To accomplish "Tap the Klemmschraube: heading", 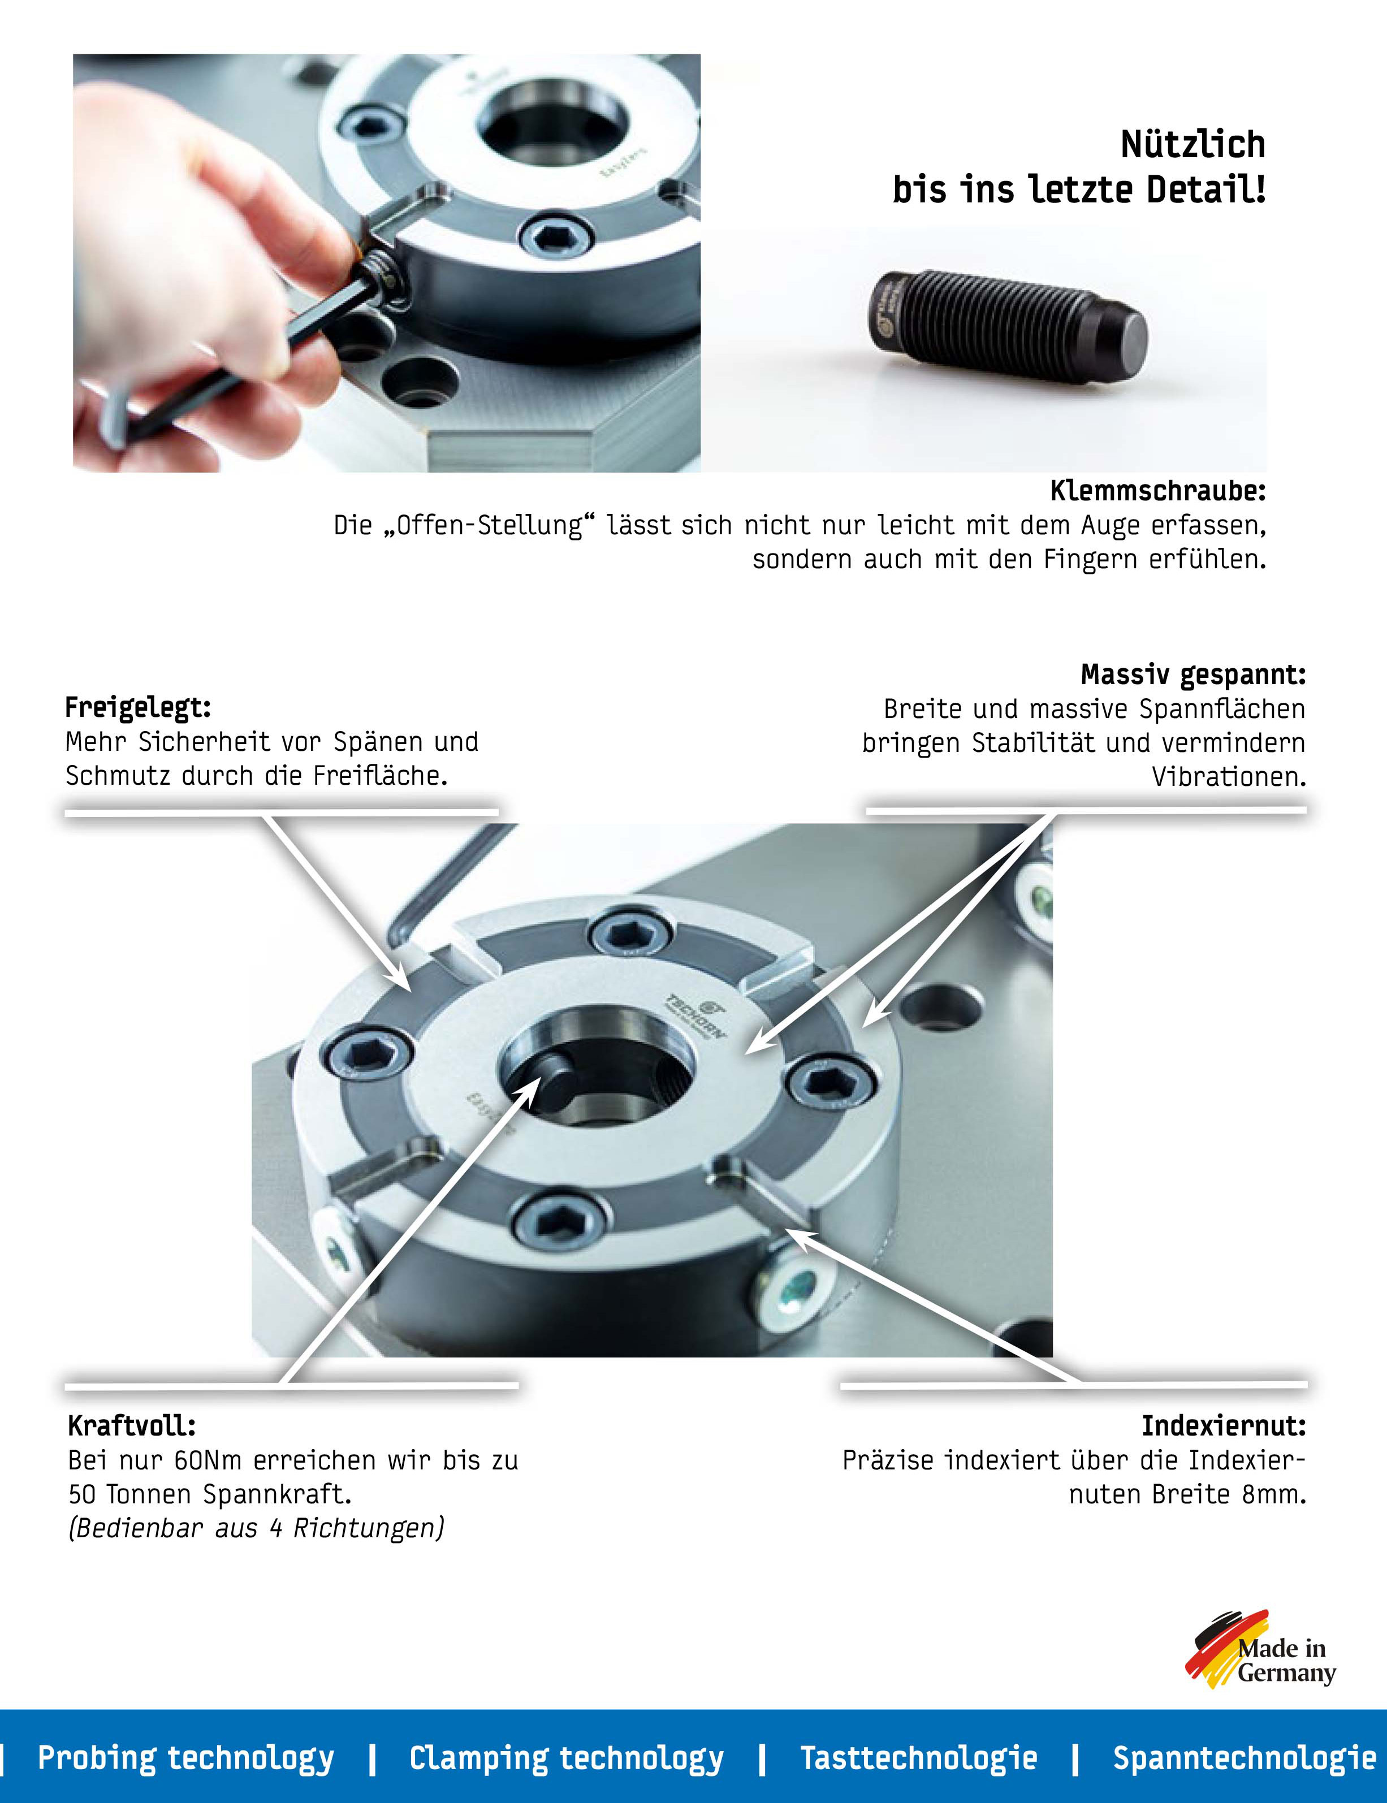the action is (1157, 491).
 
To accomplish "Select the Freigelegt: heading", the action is (138, 707).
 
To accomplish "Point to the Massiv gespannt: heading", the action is (1193, 675).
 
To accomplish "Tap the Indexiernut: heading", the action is (1224, 1426).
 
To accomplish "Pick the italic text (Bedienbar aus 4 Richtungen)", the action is (257, 1528).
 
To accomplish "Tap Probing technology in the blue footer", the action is (186, 1758).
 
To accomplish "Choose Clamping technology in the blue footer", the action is (567, 1758).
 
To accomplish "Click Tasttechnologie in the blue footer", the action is (918, 1758).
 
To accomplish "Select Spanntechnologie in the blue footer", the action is (1244, 1758).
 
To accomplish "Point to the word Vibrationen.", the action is (1229, 777).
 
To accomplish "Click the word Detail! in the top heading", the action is (1205, 190).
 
